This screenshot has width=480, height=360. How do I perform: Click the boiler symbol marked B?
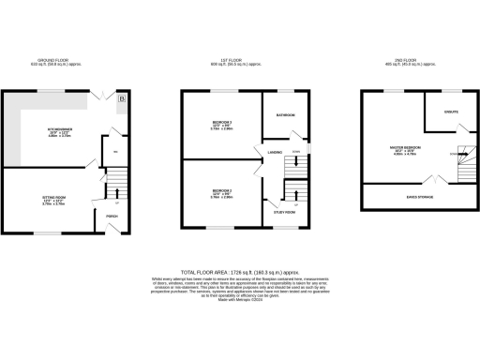[122, 96]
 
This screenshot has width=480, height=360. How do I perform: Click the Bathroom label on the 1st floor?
[285, 114]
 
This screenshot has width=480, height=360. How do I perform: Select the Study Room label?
[285, 213]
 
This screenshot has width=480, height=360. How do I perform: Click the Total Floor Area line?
[240, 269]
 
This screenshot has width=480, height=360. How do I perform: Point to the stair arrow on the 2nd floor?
[452, 155]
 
